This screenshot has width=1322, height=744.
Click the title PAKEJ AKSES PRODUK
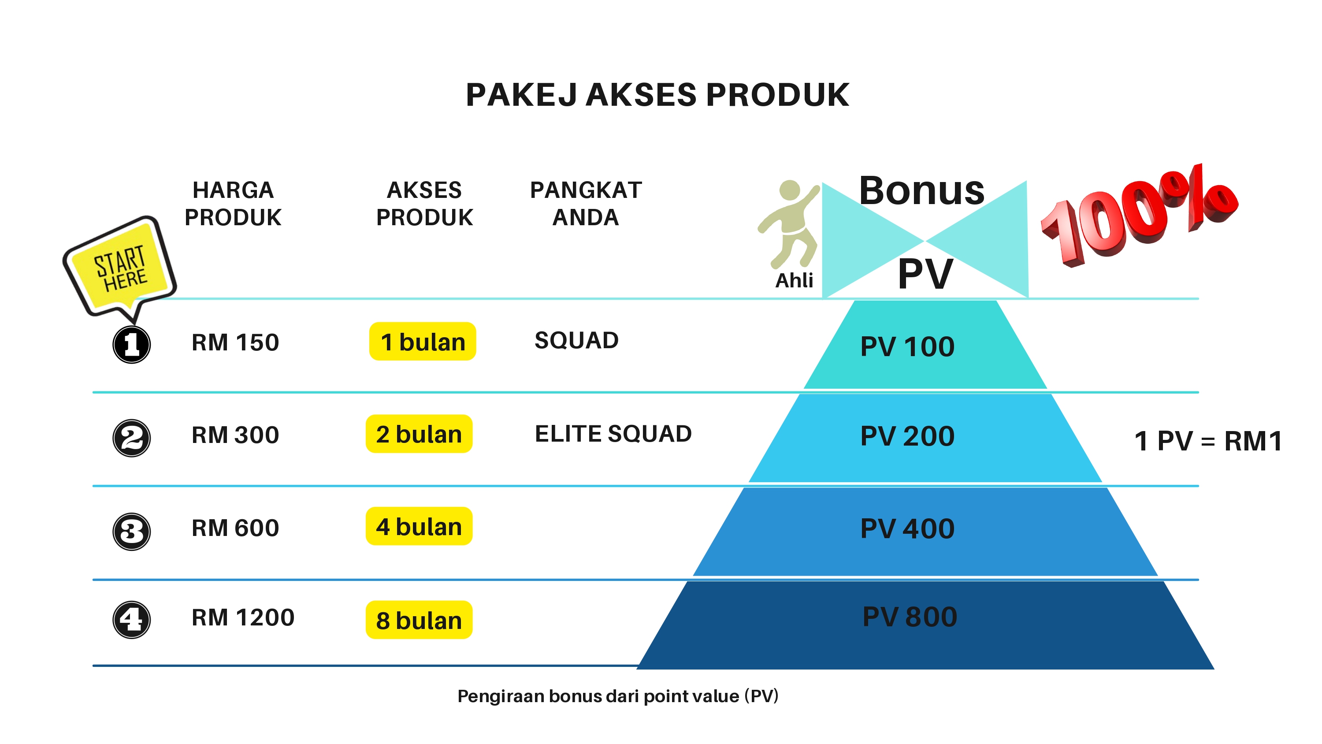[x=657, y=95]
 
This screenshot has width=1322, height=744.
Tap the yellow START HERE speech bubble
[x=119, y=268]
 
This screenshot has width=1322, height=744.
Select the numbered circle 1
[x=131, y=344]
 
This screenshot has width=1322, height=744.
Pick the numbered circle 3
[x=131, y=532]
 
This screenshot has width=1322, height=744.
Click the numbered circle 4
[x=131, y=620]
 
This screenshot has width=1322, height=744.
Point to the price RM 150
[x=235, y=342]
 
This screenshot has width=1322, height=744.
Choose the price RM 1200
[x=243, y=617]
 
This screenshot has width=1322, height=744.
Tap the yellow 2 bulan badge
[x=419, y=434]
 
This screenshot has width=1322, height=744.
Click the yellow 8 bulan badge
[x=419, y=620]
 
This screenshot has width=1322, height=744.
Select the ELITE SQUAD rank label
[x=613, y=434]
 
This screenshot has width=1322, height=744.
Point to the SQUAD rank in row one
[x=576, y=340]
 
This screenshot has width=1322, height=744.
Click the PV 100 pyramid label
[x=907, y=346]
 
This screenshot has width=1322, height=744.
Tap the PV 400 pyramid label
[x=907, y=528]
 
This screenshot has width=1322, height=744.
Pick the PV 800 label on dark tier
[x=910, y=617]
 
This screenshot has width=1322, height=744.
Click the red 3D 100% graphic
[x=1139, y=216]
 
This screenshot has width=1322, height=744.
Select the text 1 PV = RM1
[x=1208, y=441]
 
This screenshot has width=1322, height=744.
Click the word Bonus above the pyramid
[x=922, y=190]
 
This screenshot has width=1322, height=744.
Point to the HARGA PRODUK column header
[x=233, y=204]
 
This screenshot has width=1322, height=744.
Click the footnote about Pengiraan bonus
[x=618, y=696]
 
